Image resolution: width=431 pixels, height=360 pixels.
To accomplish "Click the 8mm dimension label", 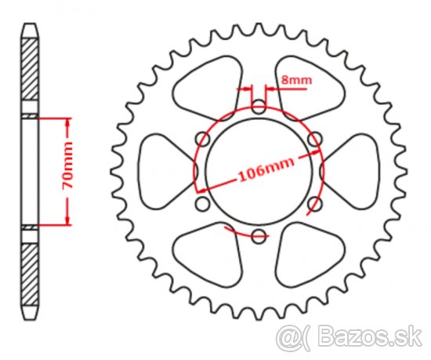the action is pos(296,80).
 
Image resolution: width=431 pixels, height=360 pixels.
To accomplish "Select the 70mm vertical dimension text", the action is pos(67,165).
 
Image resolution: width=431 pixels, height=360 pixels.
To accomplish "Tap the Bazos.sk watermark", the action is pos(349,336).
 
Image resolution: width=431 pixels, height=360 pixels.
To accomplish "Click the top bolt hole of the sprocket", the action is pos(259,107).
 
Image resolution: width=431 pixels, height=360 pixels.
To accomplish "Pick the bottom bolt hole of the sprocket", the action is pos(259,237).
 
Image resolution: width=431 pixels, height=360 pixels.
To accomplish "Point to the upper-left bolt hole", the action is pos(203,139).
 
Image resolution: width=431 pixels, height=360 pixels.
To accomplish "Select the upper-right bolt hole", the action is pos(315,139).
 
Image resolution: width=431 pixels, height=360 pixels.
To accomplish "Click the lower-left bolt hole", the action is pos(203,204).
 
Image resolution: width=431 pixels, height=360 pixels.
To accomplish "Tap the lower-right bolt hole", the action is pos(315,204).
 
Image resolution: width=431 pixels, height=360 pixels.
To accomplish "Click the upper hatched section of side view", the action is pos(30,69).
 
